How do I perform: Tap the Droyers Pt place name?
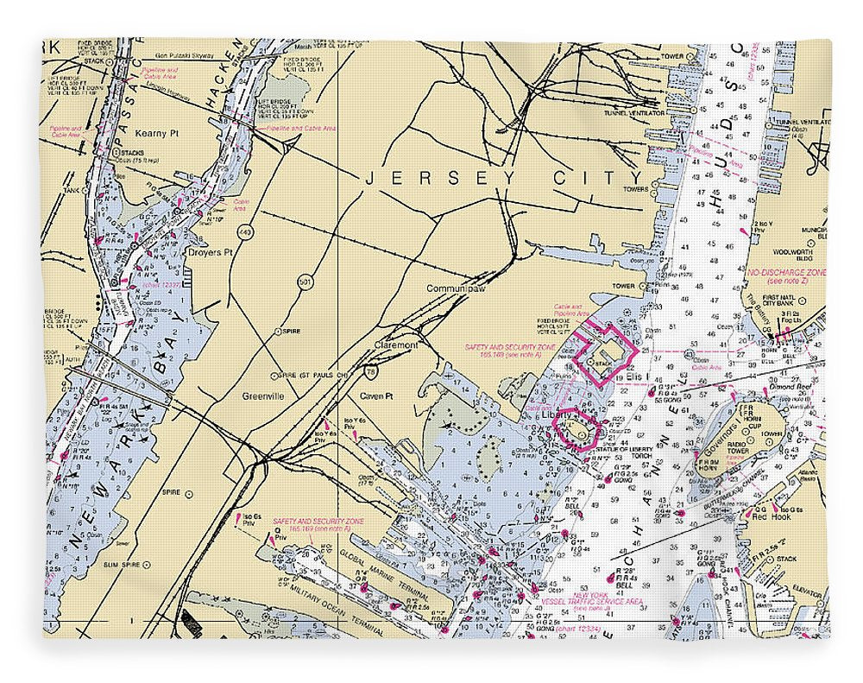[211, 253]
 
